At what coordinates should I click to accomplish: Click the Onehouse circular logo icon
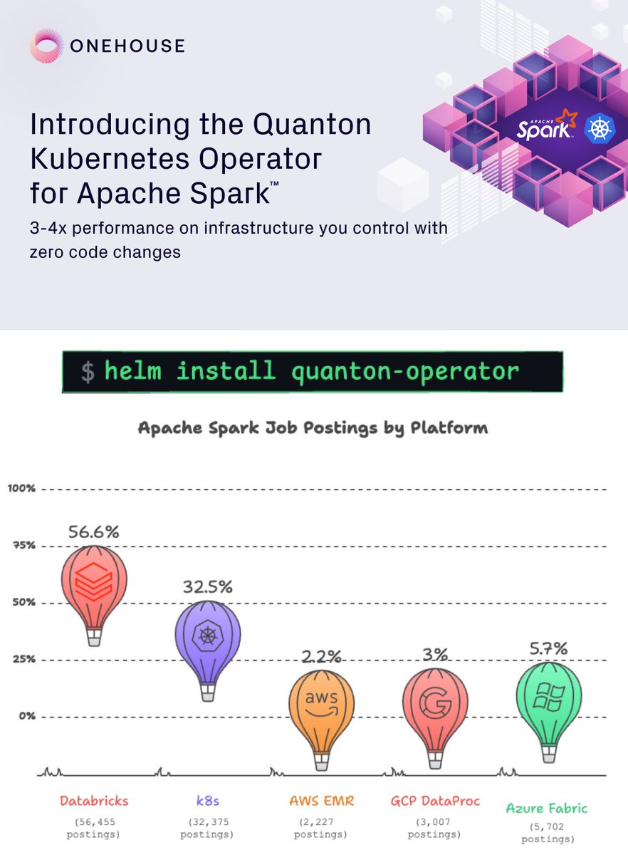pyautogui.click(x=46, y=46)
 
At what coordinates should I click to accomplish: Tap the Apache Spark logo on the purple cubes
pyautogui.click(x=546, y=125)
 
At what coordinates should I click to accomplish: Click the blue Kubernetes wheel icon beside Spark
pyautogui.click(x=600, y=129)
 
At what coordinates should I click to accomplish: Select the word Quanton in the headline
pyautogui.click(x=312, y=124)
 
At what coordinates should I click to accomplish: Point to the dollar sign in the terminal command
pyautogui.click(x=88, y=373)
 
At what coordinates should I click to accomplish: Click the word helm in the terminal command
pyautogui.click(x=132, y=370)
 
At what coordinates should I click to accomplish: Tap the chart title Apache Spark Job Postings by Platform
pyautogui.click(x=313, y=428)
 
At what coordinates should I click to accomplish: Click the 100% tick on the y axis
pyautogui.click(x=22, y=488)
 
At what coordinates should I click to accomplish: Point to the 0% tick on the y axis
pyautogui.click(x=27, y=715)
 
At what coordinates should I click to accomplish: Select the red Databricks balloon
pyautogui.click(x=94, y=596)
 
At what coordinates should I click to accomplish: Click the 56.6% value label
pyautogui.click(x=94, y=532)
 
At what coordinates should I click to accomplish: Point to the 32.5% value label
pyautogui.click(x=208, y=587)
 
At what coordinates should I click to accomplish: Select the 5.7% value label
pyautogui.click(x=549, y=648)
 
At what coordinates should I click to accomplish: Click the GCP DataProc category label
pyautogui.click(x=435, y=801)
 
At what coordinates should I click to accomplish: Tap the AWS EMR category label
pyautogui.click(x=322, y=801)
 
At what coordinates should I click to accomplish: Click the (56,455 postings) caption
pyautogui.click(x=93, y=828)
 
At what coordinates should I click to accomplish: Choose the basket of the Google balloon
pyautogui.click(x=435, y=760)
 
